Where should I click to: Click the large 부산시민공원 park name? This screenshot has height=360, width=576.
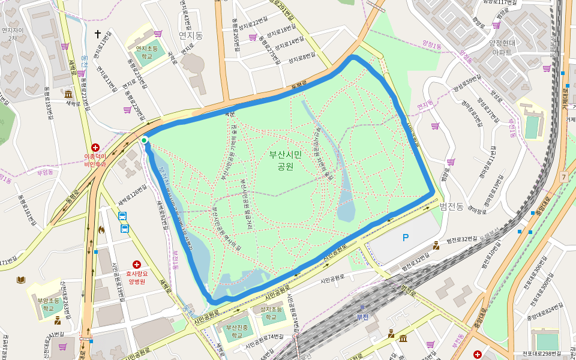(286, 160)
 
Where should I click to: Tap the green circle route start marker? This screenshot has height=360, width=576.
(145, 140)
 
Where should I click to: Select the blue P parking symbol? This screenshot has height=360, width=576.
(406, 238)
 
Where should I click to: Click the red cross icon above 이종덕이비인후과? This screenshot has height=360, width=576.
(95, 148)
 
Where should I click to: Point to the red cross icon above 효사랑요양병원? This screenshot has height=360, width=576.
(136, 264)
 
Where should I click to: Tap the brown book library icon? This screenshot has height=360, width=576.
(21, 280)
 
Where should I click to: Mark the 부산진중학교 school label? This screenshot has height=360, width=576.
(237, 332)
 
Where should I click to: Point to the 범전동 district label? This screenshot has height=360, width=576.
(451, 206)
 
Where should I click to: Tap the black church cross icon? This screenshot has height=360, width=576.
(98, 34)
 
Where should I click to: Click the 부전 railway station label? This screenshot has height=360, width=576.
(362, 316)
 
